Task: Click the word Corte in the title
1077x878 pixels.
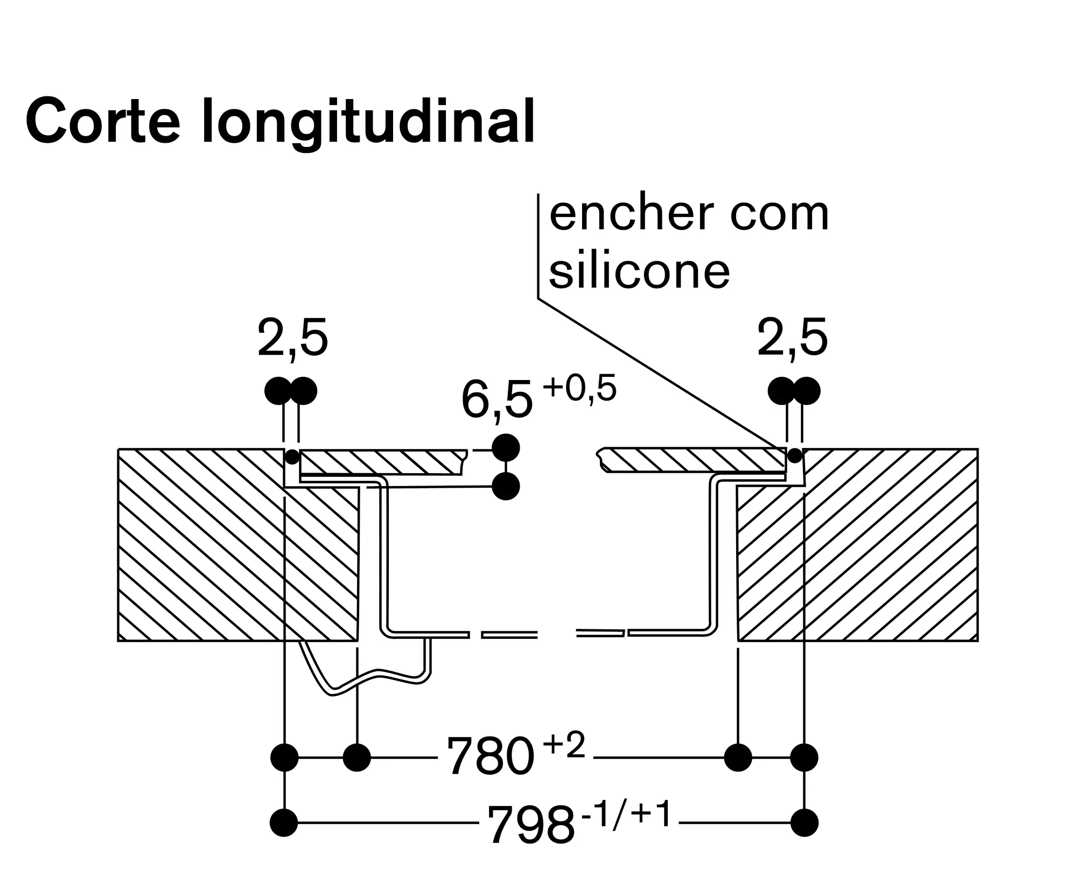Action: click(x=102, y=122)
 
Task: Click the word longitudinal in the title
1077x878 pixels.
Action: click(x=368, y=124)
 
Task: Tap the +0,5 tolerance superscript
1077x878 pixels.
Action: click(x=579, y=389)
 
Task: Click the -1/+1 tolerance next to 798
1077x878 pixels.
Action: click(x=626, y=814)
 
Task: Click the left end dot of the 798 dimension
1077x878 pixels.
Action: click(x=284, y=823)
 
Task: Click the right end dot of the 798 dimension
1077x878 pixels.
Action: click(x=805, y=823)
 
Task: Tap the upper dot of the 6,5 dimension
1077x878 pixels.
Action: click(x=506, y=447)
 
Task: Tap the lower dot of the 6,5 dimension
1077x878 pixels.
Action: click(x=506, y=487)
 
